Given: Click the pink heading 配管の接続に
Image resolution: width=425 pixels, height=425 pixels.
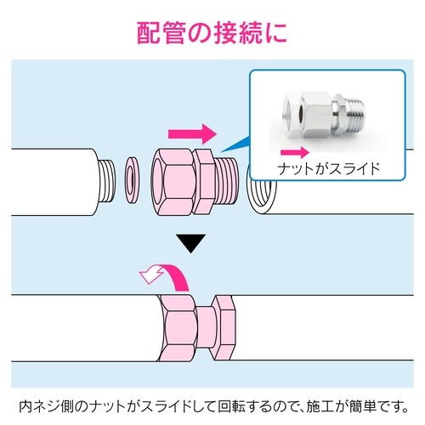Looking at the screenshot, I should (212, 31).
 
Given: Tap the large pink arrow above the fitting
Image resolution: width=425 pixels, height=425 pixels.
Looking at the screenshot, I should (192, 133).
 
